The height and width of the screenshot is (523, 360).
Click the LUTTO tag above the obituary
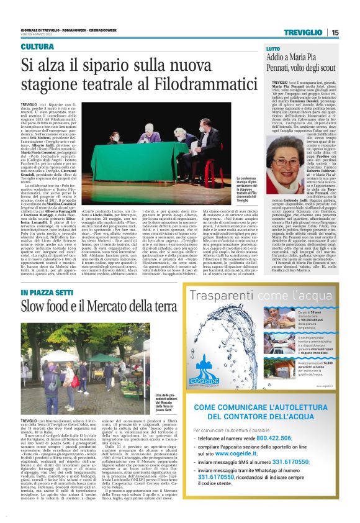[274, 48]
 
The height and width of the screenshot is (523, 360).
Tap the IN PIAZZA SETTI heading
[45, 293]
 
